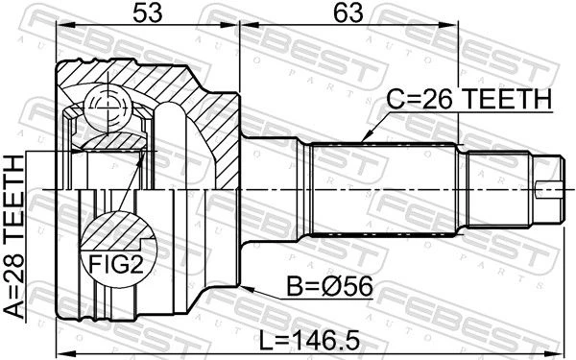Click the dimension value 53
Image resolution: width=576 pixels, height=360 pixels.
tap(147, 12)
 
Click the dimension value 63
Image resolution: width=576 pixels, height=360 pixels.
tap(348, 12)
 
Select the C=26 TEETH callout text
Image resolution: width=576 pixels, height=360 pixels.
tap(469, 99)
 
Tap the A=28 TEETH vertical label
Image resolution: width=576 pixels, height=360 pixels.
tap(13, 236)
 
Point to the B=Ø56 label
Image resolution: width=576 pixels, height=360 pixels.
tap(329, 286)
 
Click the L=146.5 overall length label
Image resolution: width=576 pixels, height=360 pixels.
tap(309, 341)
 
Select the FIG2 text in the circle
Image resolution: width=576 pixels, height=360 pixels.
tap(116, 265)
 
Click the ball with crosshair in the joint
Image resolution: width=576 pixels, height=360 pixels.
tap(108, 106)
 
